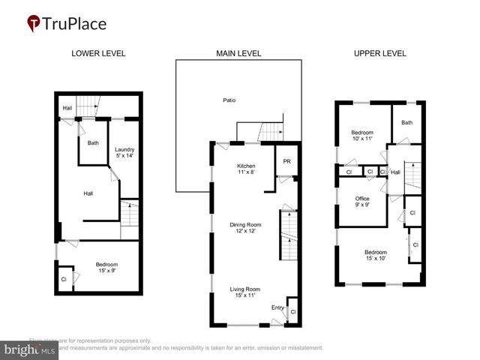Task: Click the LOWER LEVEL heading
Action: coord(98,53)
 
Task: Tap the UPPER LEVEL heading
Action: coord(379,53)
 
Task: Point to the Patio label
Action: coord(229,100)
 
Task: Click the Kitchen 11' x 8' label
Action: coord(247,169)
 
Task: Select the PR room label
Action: coord(286,161)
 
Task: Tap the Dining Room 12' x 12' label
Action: coord(247,227)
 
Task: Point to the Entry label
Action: coord(277,307)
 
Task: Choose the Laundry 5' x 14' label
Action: coord(124,152)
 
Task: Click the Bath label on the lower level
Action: coord(93,142)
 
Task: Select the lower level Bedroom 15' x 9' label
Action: coord(106,268)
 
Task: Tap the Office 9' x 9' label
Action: coord(362,202)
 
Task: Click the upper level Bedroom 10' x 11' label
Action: coord(362,136)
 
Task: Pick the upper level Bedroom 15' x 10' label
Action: coord(376,255)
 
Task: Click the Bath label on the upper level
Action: coord(406,122)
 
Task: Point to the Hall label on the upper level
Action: coord(395,172)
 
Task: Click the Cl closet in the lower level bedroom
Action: coord(64,279)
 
